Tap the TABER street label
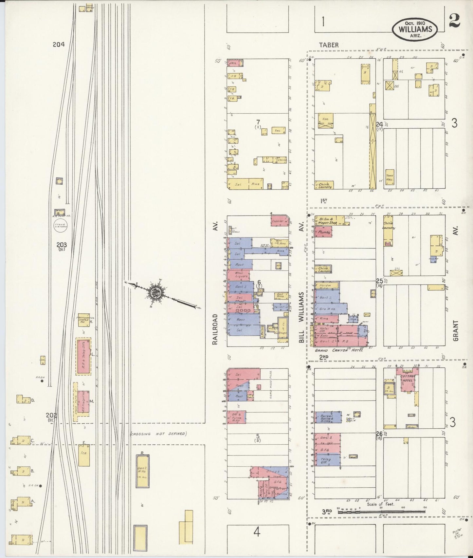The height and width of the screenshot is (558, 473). click(x=329, y=45)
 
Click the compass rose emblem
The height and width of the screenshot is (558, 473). click(x=156, y=291)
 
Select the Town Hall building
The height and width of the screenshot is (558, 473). click(x=390, y=178)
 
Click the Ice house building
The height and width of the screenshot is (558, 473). click(x=84, y=455)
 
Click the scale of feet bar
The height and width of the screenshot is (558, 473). click(x=381, y=520)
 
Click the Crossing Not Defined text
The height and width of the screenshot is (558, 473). click(x=158, y=434)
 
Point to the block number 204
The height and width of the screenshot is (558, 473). click(x=59, y=45)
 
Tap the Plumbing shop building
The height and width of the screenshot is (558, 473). click(x=323, y=232)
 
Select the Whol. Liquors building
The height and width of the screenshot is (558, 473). click(x=240, y=275)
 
